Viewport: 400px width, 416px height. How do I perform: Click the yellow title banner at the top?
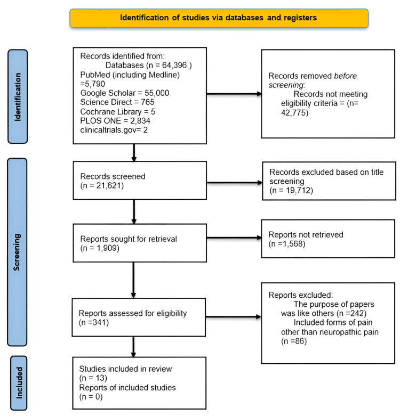[219, 18]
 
